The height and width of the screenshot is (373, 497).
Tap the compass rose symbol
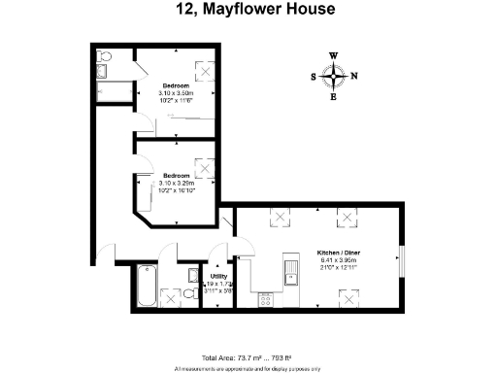[334, 76]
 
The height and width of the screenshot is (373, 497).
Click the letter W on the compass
[334, 56]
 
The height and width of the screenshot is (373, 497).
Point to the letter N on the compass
[353, 77]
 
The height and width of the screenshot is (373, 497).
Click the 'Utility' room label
[218, 276]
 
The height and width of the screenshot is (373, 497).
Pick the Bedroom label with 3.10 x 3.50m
[176, 85]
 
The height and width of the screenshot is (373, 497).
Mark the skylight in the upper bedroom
[207, 70]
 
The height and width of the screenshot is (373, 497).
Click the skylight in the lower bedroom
[204, 165]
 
